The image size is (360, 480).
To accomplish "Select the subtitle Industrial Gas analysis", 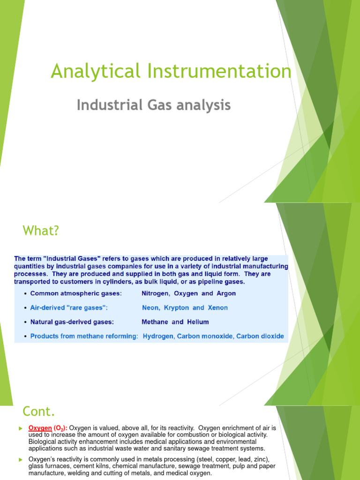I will pos(154,105).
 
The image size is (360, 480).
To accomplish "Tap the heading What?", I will pos(41,231).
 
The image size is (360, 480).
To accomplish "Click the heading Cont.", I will pos(39,412).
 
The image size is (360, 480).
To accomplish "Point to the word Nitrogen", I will pos(156,293).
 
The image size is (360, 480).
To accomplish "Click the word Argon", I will pos(225,293).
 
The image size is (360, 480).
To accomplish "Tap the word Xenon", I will pos(217,308).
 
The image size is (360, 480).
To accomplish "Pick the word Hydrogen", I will pos(158,337).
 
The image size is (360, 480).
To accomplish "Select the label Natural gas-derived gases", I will pos(72,322).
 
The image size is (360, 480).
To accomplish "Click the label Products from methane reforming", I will pos(84,337).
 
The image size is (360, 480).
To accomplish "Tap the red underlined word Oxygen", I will pos(40,428).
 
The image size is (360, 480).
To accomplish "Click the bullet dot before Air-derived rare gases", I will pos(24,308).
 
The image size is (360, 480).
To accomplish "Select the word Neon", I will pos(150,308).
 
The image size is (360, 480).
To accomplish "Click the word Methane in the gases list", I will pos(155,322).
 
